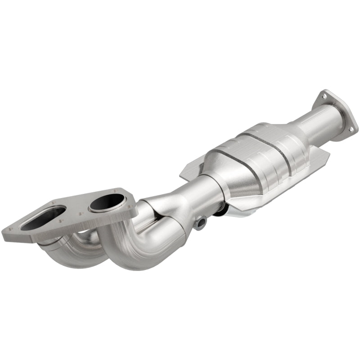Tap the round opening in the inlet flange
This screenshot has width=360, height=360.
tap(107, 203)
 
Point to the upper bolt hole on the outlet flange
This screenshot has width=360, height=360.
tap(323, 95)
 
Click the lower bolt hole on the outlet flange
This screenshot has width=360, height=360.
tap(350, 129)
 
